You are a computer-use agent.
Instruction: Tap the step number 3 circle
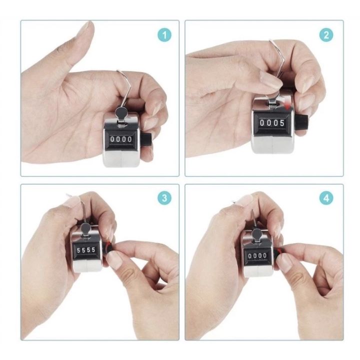[164, 197]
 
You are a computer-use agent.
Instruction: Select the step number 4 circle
[326, 197]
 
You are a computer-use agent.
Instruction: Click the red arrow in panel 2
[289, 105]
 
